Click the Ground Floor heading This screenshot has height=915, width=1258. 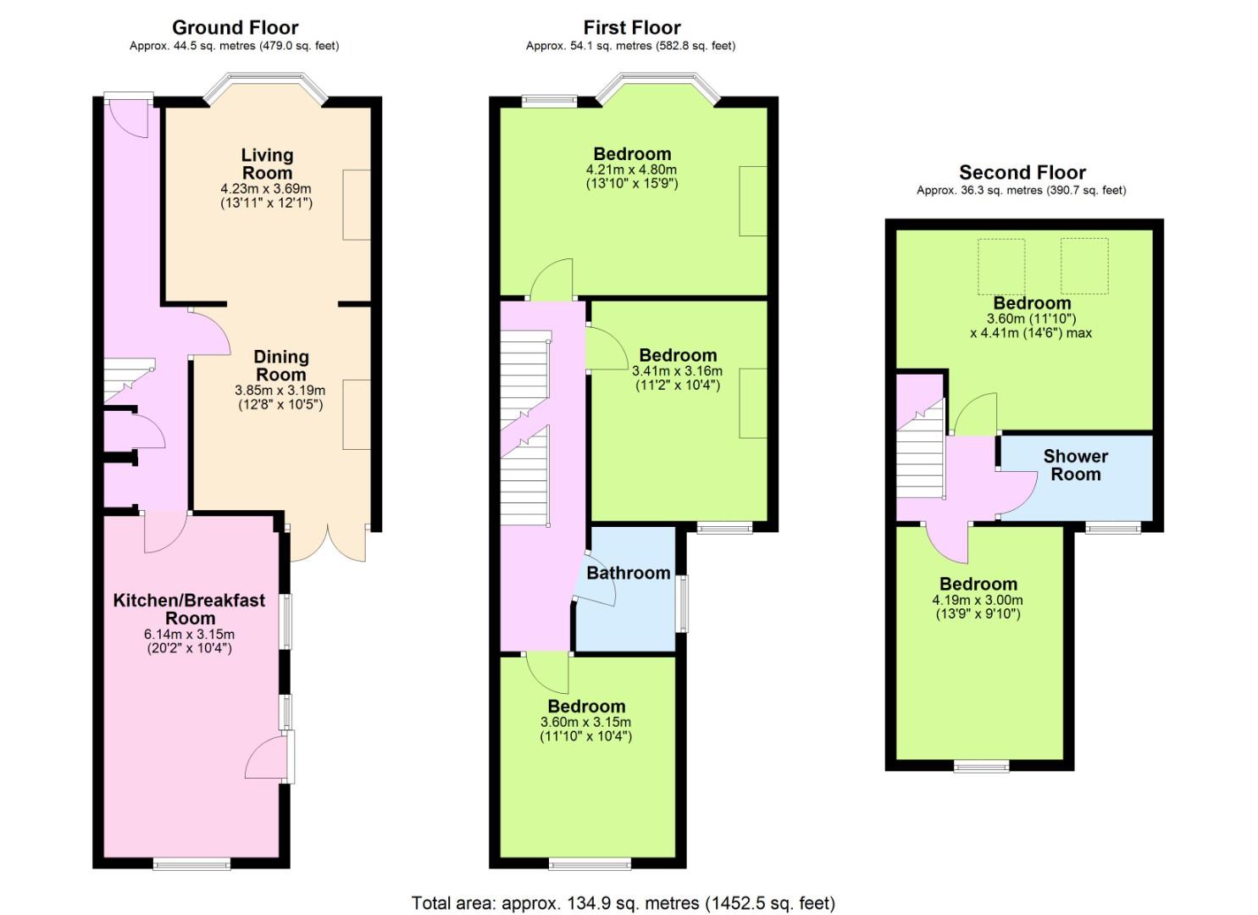click(235, 27)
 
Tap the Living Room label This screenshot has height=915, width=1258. click(267, 164)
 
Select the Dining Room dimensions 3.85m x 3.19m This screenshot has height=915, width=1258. click(280, 390)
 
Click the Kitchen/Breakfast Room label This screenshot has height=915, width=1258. click(189, 609)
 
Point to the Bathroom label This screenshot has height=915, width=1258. click(629, 573)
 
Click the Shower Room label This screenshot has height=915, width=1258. click(1076, 465)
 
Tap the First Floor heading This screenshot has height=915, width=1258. click(632, 27)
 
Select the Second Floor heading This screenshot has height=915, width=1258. click(1022, 172)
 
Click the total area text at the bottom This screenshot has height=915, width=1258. click(623, 903)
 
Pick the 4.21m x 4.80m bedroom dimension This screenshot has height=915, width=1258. click(631, 169)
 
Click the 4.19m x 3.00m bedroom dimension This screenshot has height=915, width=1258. click(978, 599)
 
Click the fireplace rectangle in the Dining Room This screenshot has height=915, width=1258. click(357, 414)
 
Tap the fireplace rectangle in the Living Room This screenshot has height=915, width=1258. click(357, 204)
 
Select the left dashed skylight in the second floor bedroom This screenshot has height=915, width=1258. click(1001, 266)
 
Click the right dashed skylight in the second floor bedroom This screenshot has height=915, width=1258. click(1084, 266)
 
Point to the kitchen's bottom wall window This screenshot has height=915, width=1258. click(191, 864)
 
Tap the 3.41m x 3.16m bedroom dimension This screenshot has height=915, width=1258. click(677, 371)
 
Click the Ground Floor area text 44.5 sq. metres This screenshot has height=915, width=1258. click(234, 46)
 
